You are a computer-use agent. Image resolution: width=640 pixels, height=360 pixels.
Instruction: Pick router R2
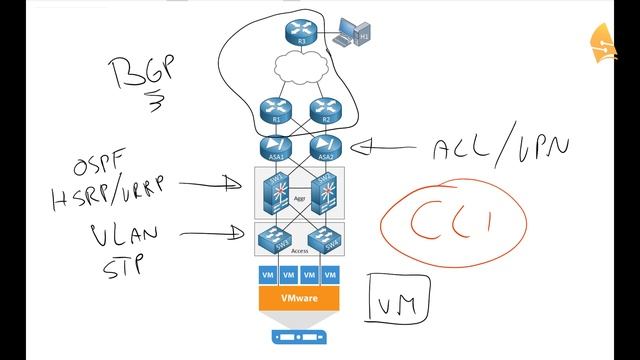[322, 110]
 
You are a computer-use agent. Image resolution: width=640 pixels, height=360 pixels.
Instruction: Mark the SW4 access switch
[322, 237]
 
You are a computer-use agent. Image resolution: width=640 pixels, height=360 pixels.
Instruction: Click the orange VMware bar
[297, 298]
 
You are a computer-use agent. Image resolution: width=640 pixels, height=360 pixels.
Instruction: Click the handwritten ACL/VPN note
[501, 149]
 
